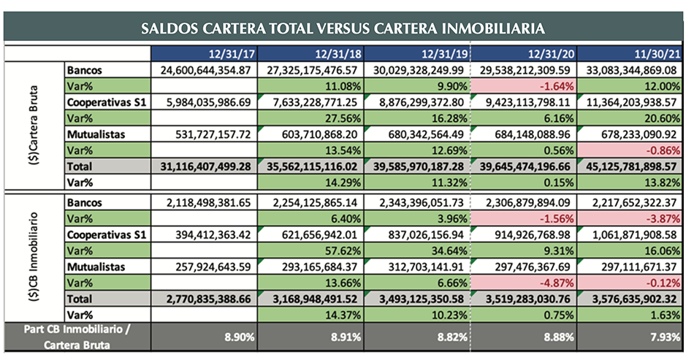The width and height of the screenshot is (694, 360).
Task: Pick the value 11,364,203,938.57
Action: (633, 102)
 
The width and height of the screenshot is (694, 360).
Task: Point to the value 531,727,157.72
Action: (209, 134)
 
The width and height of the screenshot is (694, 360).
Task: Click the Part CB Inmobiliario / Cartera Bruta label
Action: (76, 337)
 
